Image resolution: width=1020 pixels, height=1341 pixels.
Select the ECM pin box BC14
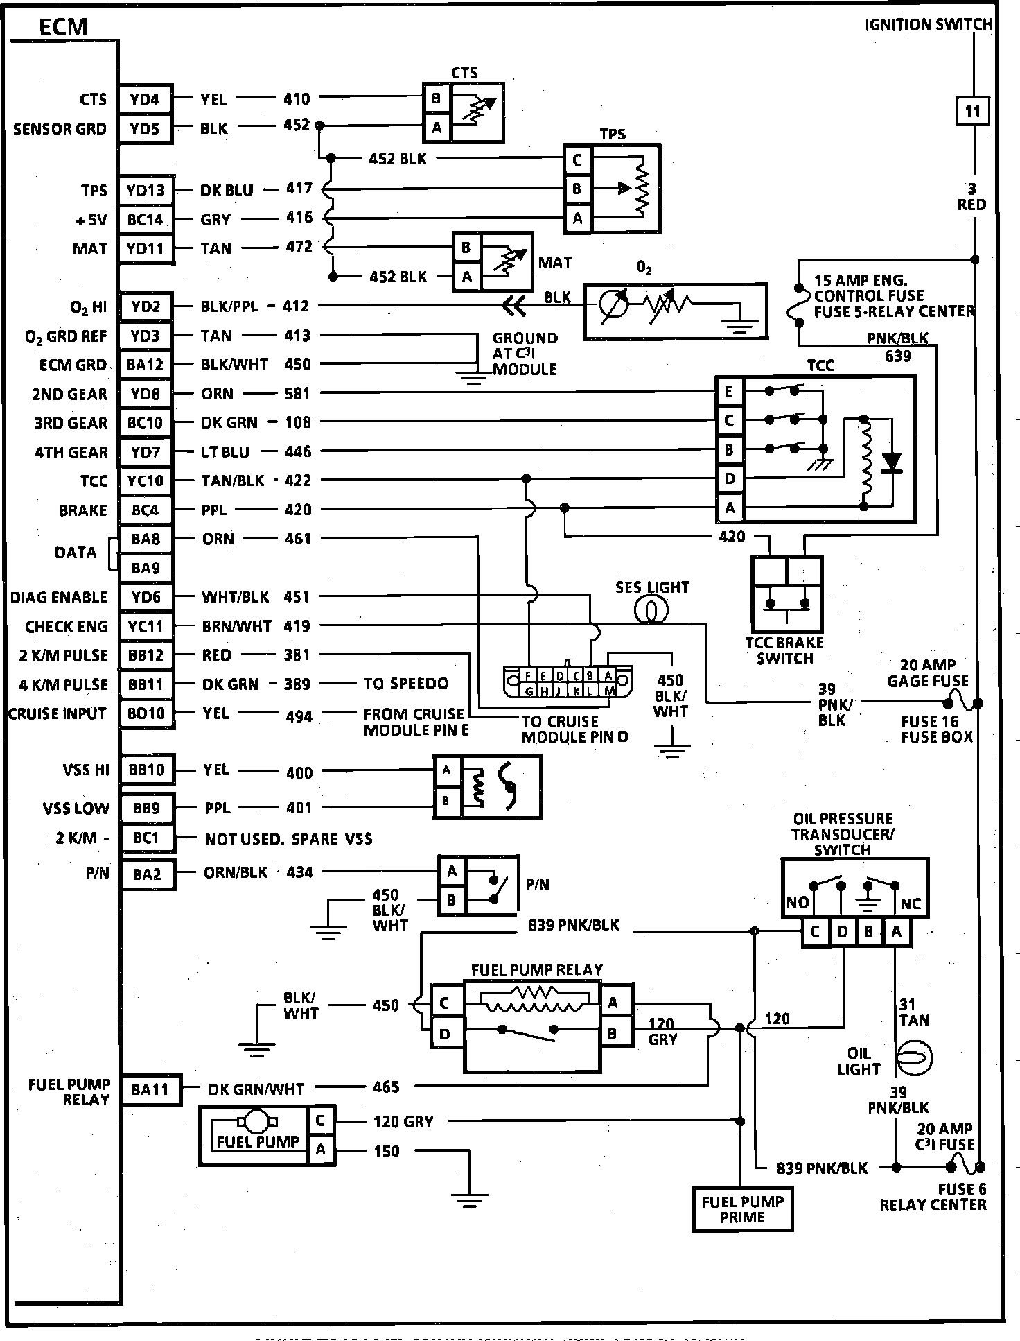coord(145,220)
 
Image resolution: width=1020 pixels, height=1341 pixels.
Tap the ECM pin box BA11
coord(150,1089)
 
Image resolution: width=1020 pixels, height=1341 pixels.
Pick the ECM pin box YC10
coord(146,481)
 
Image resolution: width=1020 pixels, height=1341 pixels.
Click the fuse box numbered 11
coord(972,111)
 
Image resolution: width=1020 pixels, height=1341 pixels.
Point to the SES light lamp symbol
coord(651,610)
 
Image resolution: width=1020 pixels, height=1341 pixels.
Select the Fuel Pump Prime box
coord(742,1209)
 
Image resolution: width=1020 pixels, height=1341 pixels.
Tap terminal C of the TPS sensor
coord(577,160)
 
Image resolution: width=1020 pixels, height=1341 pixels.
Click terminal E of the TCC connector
coord(729,392)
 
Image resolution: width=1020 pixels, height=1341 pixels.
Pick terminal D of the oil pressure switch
coord(843,932)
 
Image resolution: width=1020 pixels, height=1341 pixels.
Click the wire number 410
coord(297,99)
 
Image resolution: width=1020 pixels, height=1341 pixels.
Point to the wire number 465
coord(386,1087)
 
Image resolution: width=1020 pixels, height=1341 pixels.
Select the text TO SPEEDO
coord(406,684)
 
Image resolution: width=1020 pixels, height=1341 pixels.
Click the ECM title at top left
coord(63,27)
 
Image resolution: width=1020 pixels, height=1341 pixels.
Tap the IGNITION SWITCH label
coord(929,25)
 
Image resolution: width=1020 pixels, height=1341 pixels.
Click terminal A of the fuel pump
coord(320,1150)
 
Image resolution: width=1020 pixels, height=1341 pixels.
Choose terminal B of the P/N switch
coord(452,901)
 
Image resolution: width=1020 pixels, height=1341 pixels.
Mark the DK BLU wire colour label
coord(227,190)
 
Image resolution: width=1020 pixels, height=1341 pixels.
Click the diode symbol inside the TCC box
coord(892,461)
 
